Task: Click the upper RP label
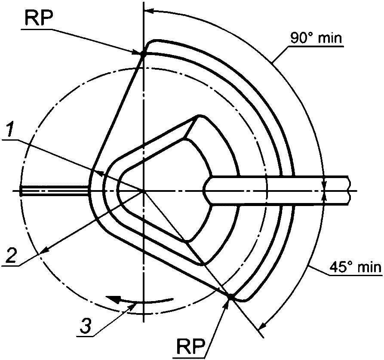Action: coord(37,17)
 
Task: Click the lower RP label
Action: coord(191,346)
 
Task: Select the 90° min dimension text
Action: coord(316,38)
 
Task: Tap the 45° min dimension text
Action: coord(356,267)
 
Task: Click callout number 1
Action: coord(10,130)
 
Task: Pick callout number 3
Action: coord(86,326)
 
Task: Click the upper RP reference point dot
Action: coord(143,55)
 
